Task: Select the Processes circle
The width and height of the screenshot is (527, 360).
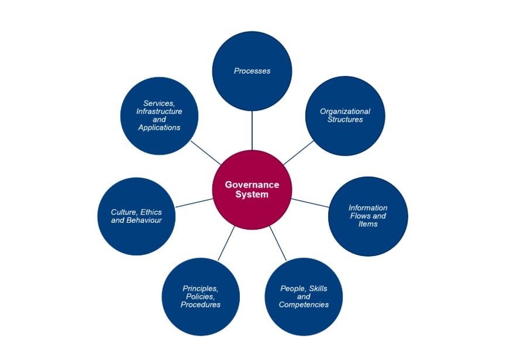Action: coord(252,71)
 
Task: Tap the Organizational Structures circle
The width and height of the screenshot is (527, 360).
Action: coord(345,116)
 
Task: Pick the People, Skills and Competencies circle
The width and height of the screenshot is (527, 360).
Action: coord(304,297)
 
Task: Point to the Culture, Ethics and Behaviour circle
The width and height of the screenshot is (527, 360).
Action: coord(136,216)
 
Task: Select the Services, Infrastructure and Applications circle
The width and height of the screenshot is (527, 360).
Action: coord(159,115)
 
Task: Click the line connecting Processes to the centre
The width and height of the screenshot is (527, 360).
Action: coord(252,130)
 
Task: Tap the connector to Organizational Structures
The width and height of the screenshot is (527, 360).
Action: coord(298,153)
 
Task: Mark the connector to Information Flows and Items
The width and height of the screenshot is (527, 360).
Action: coord(311,203)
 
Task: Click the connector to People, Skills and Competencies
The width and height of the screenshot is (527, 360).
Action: coord(278,243)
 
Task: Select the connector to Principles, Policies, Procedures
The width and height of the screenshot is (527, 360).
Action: coord(226,243)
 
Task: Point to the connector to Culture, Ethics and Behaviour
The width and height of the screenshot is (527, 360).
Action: coord(194,203)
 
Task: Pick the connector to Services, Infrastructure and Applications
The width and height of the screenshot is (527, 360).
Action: coord(206,153)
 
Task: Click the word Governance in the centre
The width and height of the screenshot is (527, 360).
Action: coord(252,185)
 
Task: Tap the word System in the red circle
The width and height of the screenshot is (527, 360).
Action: coord(252,195)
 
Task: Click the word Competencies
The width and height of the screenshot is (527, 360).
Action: coord(304,304)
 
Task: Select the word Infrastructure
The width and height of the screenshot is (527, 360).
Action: coord(159,111)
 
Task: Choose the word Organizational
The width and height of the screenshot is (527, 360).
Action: coord(345,112)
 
